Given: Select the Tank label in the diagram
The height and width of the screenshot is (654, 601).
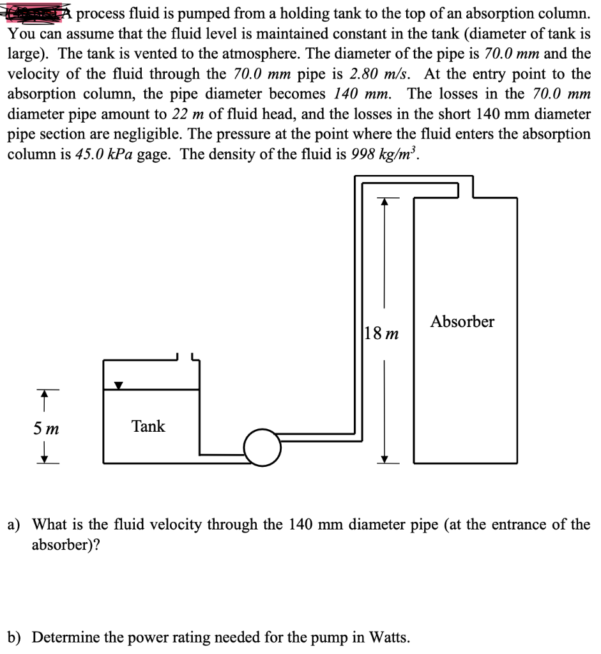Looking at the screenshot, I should pyautogui.click(x=148, y=426).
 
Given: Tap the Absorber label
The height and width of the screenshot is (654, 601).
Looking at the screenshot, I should pyautogui.click(x=462, y=321).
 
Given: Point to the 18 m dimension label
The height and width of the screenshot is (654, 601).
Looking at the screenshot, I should pyautogui.click(x=381, y=333).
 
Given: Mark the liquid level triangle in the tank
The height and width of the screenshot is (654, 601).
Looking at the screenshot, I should pyautogui.click(x=119, y=386).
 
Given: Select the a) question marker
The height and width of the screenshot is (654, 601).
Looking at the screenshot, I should pyautogui.click(x=14, y=525).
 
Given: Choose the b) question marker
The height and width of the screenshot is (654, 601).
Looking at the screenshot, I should pyautogui.click(x=14, y=637).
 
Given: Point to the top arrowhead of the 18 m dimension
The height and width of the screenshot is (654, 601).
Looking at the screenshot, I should pyautogui.click(x=384, y=202).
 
